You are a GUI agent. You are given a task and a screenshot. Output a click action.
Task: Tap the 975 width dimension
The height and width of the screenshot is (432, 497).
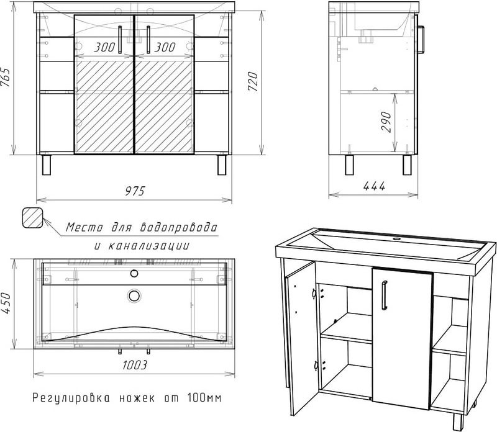(x=134, y=191)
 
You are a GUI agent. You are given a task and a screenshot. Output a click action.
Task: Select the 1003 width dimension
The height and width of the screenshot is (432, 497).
(x=132, y=366)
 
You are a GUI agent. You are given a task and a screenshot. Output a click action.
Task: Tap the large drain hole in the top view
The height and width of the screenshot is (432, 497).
(x=134, y=295)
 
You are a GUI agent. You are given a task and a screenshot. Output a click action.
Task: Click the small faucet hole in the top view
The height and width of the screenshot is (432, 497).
(x=134, y=272)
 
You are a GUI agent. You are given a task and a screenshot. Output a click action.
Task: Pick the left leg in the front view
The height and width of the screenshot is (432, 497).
(x=47, y=165)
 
